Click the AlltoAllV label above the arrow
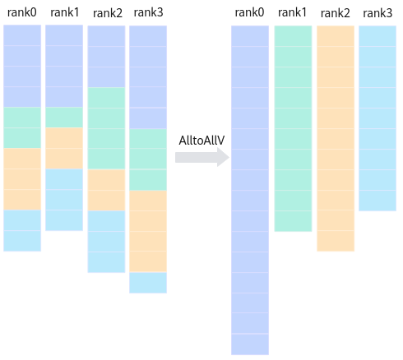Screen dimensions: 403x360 point(201,141)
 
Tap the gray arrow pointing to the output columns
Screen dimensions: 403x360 point(202,157)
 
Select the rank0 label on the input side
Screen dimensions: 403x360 point(22,12)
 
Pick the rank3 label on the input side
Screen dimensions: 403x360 point(148,12)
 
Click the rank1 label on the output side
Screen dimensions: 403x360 point(292,12)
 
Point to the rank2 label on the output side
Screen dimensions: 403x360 point(336,13)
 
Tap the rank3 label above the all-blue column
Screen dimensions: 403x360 point(378,13)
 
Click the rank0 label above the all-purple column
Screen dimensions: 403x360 point(249,12)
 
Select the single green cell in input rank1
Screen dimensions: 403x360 point(64,118)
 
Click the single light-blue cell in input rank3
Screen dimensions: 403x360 point(148,283)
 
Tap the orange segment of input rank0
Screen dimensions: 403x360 point(22,179)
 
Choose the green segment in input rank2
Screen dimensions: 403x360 point(106,128)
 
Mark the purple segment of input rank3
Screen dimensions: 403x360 point(148,77)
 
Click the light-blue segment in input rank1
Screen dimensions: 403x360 point(64,200)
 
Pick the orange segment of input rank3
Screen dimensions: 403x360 point(148,231)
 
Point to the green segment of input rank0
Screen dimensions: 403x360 point(22,127)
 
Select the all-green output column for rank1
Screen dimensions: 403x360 point(293,129)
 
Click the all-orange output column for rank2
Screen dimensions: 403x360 point(336,139)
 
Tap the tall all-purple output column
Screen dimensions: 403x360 point(250,191)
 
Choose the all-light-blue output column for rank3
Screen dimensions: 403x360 point(378,118)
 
